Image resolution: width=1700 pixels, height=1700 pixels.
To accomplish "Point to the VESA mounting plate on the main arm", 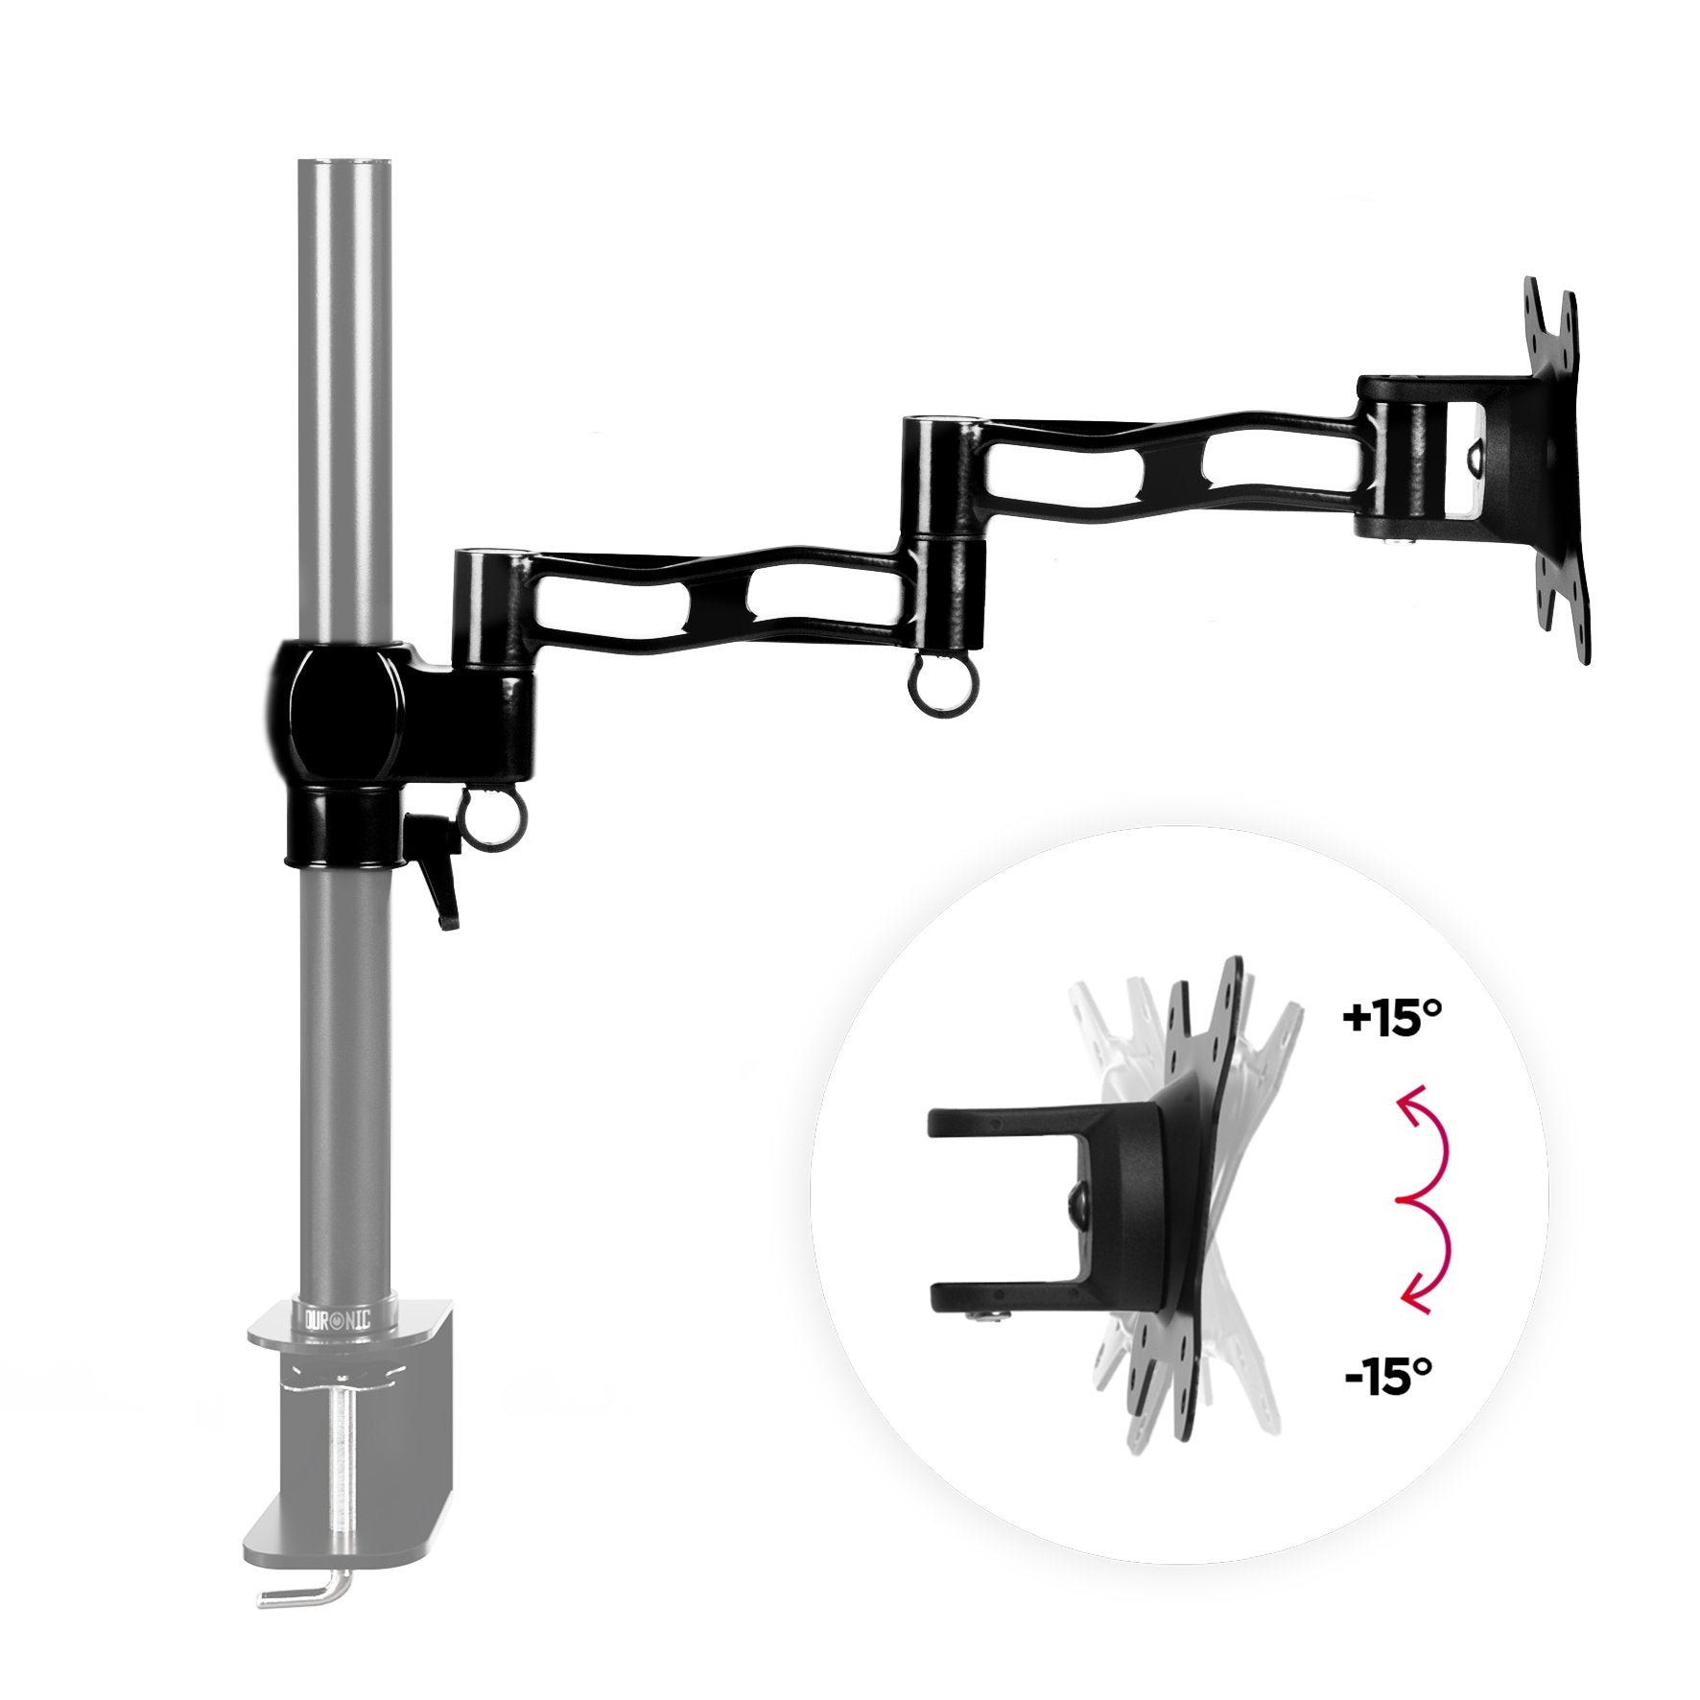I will click(x=1554, y=470).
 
